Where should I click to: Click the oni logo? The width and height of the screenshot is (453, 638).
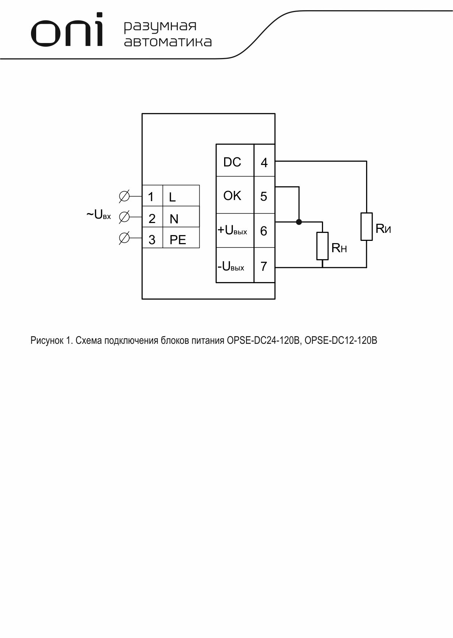pyautogui.click(x=67, y=30)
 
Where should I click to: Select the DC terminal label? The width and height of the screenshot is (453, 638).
pyautogui.click(x=232, y=162)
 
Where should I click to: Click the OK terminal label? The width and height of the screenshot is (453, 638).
pyautogui.click(x=232, y=196)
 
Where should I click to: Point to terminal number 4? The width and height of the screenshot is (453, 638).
pyautogui.click(x=264, y=162)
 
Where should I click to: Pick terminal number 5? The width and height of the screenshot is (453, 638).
pyautogui.click(x=264, y=197)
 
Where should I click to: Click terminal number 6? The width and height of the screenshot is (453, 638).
pyautogui.click(x=264, y=231)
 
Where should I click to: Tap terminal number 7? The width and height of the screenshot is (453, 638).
pyautogui.click(x=264, y=266)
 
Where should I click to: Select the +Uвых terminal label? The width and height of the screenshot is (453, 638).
pyautogui.click(x=232, y=230)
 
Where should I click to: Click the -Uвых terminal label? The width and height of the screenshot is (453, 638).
pyautogui.click(x=231, y=267)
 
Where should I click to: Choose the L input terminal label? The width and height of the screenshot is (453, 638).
pyautogui.click(x=172, y=197)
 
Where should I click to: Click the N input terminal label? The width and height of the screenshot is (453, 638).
pyautogui.click(x=174, y=219)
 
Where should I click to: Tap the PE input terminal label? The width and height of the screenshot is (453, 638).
pyautogui.click(x=178, y=240)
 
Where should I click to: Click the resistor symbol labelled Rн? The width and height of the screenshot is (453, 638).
pyautogui.click(x=322, y=246)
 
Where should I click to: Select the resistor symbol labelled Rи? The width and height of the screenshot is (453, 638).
pyautogui.click(x=366, y=227)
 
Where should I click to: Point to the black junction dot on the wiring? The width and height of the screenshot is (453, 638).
pyautogui.click(x=299, y=222)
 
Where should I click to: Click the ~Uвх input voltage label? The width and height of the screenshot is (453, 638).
pyautogui.click(x=99, y=215)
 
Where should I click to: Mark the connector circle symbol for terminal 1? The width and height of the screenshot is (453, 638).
pyautogui.click(x=124, y=196)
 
